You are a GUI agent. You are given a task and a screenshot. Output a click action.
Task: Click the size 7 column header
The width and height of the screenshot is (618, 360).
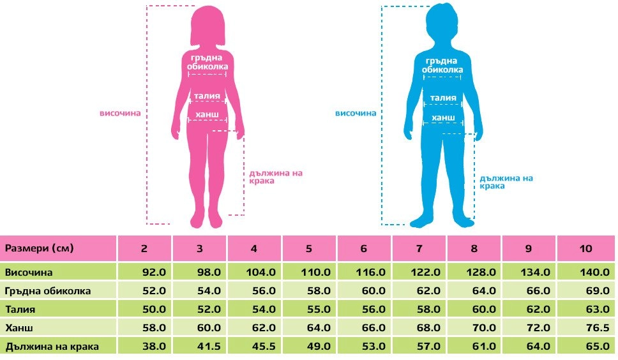(419, 248)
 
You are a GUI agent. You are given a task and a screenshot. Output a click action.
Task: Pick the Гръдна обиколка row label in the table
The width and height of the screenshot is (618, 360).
(49, 290)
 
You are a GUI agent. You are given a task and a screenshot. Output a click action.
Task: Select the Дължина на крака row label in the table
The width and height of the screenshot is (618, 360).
(49, 347)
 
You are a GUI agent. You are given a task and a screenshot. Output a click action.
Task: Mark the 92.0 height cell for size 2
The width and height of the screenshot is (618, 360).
(153, 272)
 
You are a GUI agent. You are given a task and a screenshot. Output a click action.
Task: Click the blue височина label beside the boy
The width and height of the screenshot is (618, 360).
(356, 113)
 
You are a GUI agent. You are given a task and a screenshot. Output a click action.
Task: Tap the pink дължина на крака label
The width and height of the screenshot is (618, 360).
(275, 177)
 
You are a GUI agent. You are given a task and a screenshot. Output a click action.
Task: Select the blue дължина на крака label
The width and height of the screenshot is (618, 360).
(506, 182)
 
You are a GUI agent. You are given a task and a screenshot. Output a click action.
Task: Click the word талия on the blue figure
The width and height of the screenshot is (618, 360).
(443, 98)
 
